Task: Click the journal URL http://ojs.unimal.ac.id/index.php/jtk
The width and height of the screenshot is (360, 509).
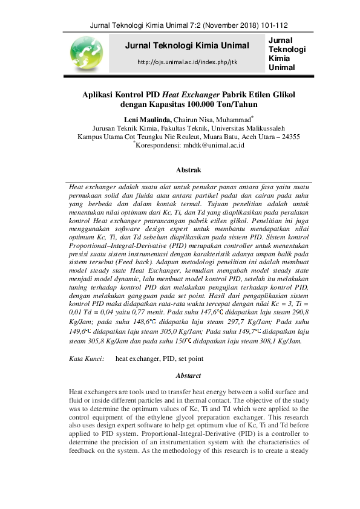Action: [x=187, y=62]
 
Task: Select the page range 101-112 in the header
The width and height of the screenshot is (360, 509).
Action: [x=274, y=25]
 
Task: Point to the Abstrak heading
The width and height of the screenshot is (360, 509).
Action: [x=188, y=170]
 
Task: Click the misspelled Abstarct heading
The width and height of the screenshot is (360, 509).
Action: [x=188, y=375]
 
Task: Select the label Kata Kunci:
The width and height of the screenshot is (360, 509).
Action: [x=87, y=358]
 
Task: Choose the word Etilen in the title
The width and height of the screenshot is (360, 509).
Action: [x=261, y=94]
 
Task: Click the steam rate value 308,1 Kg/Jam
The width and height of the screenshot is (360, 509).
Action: [x=287, y=342]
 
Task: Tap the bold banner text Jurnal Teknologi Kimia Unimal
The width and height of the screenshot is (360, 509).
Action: [x=187, y=45]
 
